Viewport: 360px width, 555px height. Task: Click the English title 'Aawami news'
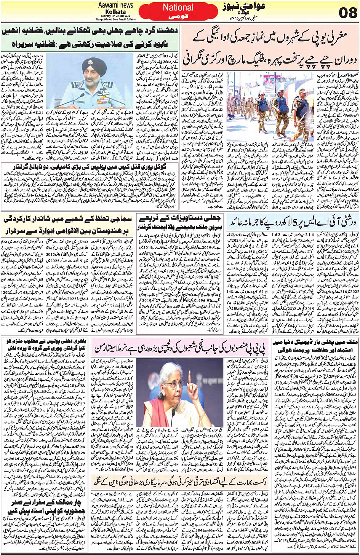[x=115, y=5]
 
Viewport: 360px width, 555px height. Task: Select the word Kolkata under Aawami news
[x=116, y=11]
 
